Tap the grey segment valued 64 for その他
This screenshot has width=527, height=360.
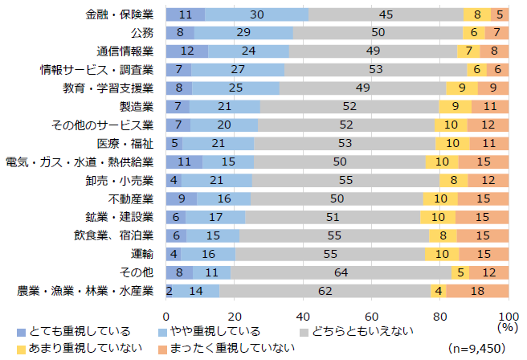coord(341,272)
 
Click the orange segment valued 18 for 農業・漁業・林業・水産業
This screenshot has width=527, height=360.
coord(477,291)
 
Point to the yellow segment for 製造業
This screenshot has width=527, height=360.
coord(456,107)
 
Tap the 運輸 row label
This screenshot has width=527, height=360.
coord(141,254)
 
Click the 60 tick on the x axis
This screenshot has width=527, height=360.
coord(372,314)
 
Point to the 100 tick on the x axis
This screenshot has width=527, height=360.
coord(509,314)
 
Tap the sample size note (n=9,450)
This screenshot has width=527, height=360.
coord(480,348)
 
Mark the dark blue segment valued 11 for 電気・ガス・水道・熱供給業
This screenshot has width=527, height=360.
coord(185,162)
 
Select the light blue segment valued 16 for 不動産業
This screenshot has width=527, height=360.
coord(223,198)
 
